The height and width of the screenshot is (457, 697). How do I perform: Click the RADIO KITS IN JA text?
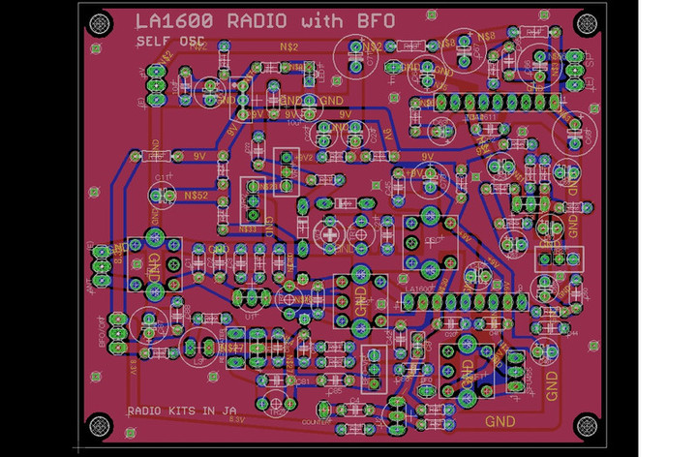tap(181, 411)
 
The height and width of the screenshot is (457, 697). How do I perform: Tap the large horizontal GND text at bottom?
tap(500, 421)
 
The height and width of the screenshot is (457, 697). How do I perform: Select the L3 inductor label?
tap(199, 359)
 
